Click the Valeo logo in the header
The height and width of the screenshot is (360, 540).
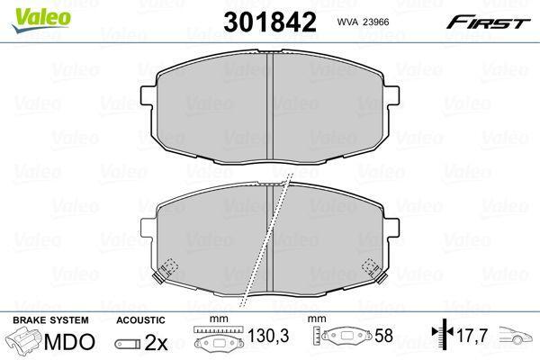(x=41, y=20)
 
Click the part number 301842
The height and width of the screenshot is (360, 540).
(x=270, y=22)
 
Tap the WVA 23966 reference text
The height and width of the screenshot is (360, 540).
(x=363, y=22)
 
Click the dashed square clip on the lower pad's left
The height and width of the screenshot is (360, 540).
(x=169, y=266)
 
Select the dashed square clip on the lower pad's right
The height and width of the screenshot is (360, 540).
(x=371, y=266)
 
